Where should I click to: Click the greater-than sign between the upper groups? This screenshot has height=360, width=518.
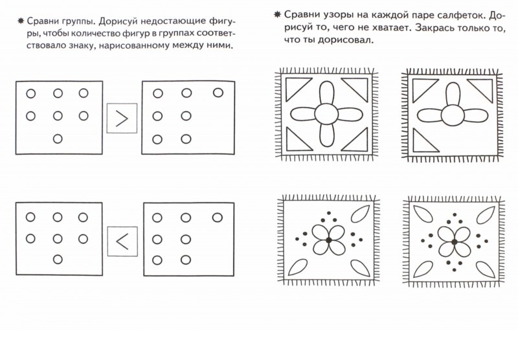tap(121, 118)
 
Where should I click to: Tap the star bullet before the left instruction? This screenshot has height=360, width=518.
tap(12, 20)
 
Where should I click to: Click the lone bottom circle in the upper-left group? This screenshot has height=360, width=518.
tap(57, 138)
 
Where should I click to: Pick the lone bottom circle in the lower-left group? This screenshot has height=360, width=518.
tap(57, 259)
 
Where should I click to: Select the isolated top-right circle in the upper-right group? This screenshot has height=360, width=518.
tap(216, 93)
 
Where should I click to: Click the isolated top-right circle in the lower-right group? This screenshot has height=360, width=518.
tap(216, 218)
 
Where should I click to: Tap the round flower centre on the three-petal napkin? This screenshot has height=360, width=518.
tap(453, 115)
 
